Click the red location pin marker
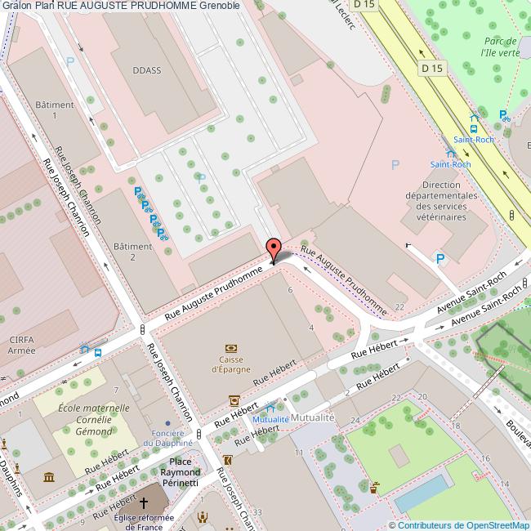tap(274, 248)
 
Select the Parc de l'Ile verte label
tap(500, 47)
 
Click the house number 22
tap(399, 306)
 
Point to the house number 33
tap(257, 512)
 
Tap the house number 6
tap(289, 290)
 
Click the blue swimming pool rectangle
tap(422, 494)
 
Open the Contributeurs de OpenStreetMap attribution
tap(459, 525)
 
